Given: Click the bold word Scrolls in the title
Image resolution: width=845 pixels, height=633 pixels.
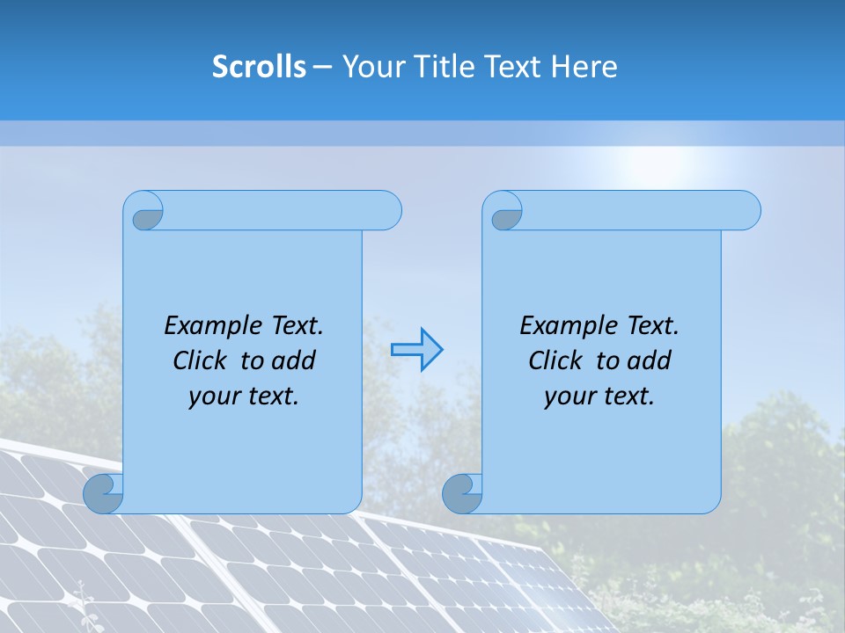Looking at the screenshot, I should [x=259, y=66].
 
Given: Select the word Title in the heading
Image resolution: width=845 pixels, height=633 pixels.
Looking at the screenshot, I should [x=444, y=66].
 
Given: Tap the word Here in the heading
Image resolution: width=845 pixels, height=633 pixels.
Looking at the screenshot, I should [x=584, y=66].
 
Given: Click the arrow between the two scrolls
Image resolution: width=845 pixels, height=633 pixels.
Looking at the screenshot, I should [x=417, y=350].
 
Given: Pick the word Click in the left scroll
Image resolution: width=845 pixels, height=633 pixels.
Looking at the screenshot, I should [x=200, y=360].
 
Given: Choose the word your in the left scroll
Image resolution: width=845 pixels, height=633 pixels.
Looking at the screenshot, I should [x=212, y=396].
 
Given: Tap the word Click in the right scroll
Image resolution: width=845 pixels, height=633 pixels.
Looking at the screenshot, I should [x=555, y=360].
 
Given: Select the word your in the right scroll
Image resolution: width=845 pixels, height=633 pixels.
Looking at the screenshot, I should [x=568, y=396].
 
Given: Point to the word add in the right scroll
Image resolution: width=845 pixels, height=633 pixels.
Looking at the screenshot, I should [x=649, y=360].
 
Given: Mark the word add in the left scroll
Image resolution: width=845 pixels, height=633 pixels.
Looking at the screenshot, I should [x=293, y=360].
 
